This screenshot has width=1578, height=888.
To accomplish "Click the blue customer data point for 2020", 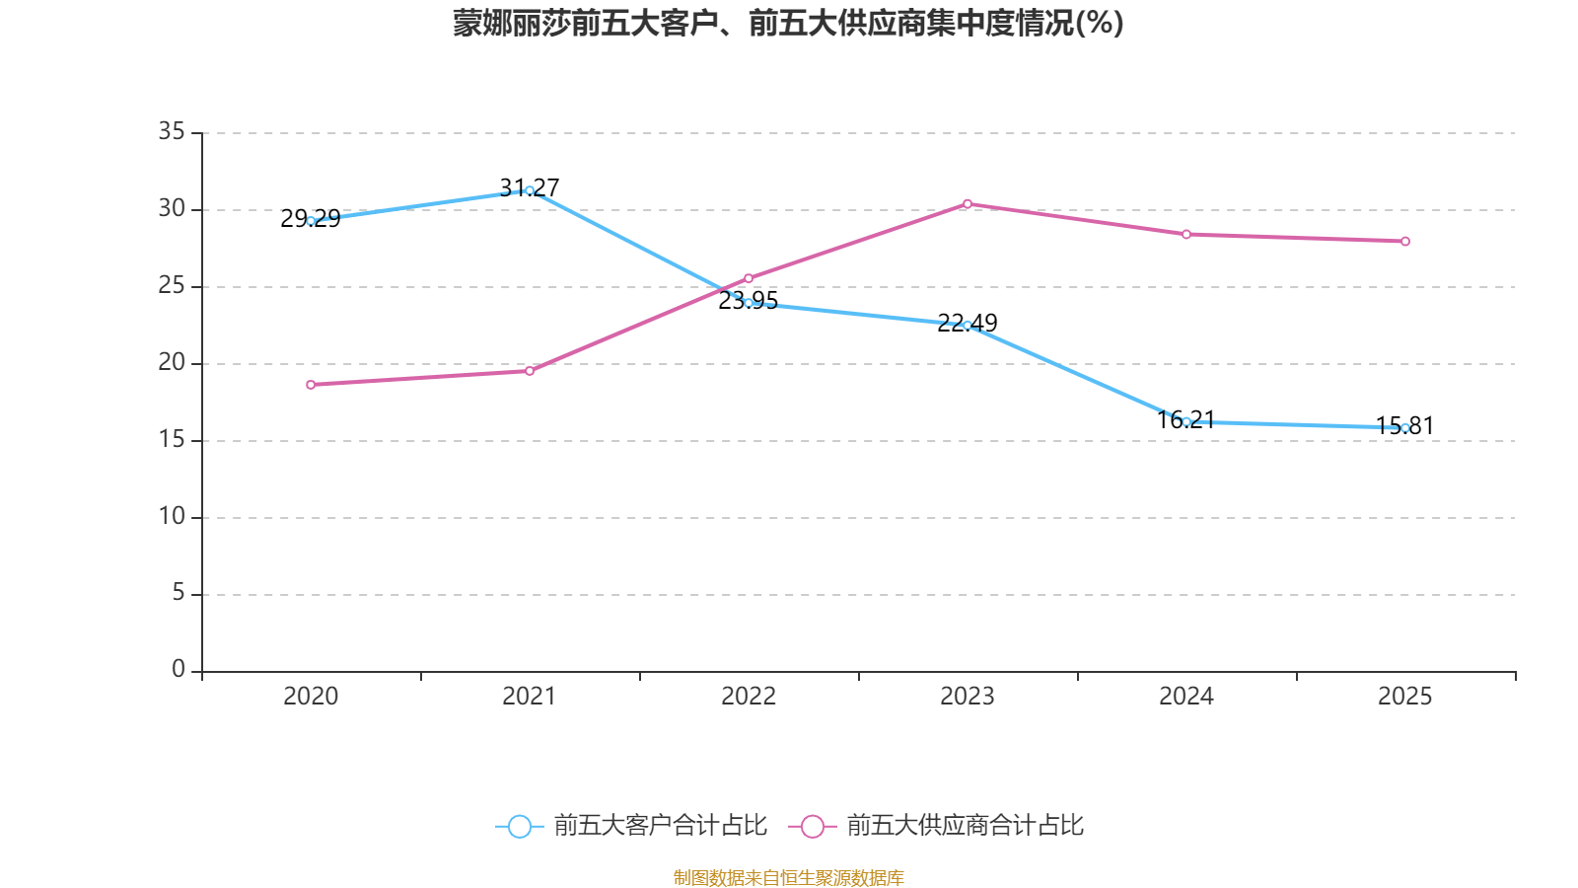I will [x=311, y=221].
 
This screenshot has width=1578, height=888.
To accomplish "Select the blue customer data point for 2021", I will [x=530, y=190].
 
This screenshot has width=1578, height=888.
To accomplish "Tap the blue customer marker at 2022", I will [x=749, y=303].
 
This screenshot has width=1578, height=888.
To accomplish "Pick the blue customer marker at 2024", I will [x=1186, y=421].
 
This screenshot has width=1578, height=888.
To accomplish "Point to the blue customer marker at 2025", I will [x=1405, y=428].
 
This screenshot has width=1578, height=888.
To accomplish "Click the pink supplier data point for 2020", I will [x=311, y=385].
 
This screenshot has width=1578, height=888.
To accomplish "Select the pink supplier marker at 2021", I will [x=530, y=371].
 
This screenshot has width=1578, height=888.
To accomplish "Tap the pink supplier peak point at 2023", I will [x=968, y=204].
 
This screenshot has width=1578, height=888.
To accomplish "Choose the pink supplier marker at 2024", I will [x=1186, y=235].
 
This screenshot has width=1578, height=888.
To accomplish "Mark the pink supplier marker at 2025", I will [x=1405, y=242].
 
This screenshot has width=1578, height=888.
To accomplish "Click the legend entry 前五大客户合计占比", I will [x=632, y=826].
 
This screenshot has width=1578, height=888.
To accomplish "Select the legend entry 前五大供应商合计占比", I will [x=937, y=826].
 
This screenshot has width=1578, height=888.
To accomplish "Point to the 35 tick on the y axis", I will [x=172, y=131].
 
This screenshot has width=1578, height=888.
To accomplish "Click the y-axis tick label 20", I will [x=172, y=362].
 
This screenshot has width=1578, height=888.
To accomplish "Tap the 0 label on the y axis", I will [x=179, y=670].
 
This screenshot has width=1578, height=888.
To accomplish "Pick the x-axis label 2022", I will [x=749, y=697].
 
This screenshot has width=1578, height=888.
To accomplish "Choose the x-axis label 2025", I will [x=1405, y=697].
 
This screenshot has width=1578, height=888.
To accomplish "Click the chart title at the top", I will [x=788, y=24].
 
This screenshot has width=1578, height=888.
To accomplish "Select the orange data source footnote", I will [x=788, y=877].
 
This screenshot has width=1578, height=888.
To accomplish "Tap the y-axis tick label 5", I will [x=179, y=593].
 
